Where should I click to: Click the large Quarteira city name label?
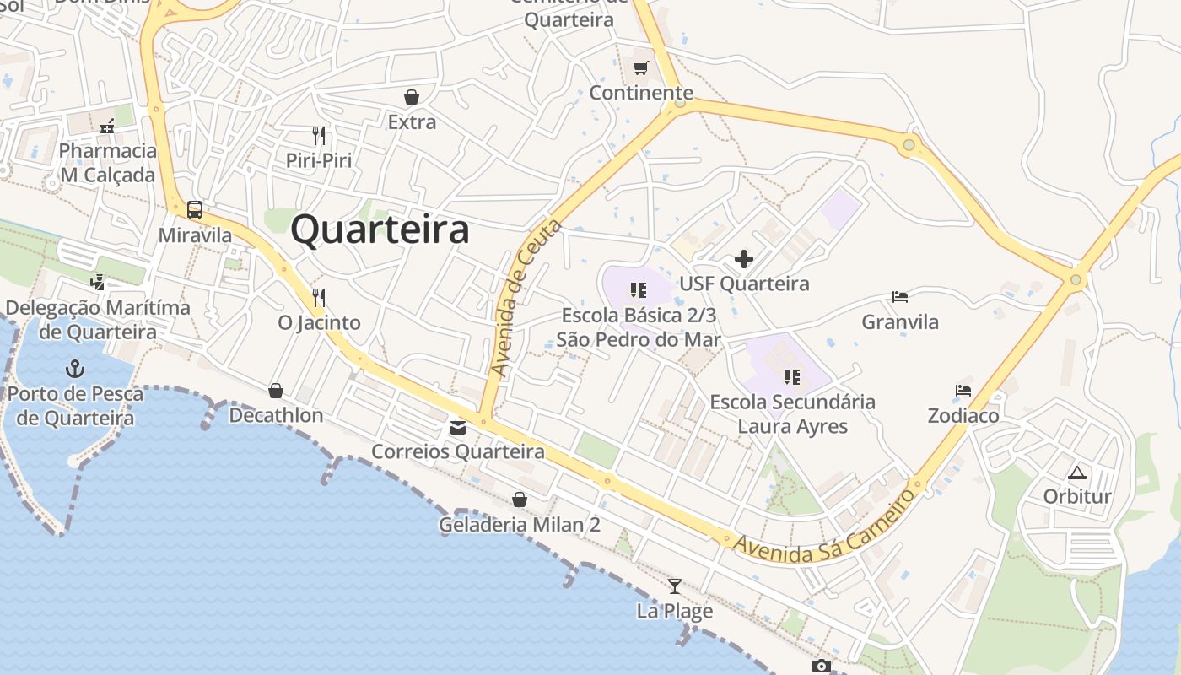pyautogui.click(x=380, y=229)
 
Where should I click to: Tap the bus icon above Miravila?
pyautogui.click(x=195, y=209)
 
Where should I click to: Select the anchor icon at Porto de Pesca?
pyautogui.click(x=76, y=369)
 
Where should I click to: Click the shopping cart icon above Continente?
pyautogui.click(x=641, y=67)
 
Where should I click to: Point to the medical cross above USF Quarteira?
pyautogui.click(x=743, y=258)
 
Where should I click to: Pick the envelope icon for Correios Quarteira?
pyautogui.click(x=458, y=428)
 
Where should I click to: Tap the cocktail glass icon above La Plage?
pyautogui.click(x=674, y=586)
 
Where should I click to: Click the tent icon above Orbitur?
pyautogui.click(x=1076, y=472)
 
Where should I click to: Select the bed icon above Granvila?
pyautogui.click(x=900, y=297)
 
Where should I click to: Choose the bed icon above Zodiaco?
pyautogui.click(x=963, y=391)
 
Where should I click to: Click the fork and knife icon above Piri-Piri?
pyautogui.click(x=319, y=135)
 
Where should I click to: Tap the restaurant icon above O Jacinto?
pyautogui.click(x=319, y=297)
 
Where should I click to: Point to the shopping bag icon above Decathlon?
pyautogui.click(x=276, y=391)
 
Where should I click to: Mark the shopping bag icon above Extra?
pyautogui.click(x=412, y=97)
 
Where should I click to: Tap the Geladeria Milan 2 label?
pyautogui.click(x=520, y=525)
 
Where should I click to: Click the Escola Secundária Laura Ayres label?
pyautogui.click(x=793, y=413)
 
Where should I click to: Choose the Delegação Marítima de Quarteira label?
pyautogui.click(x=98, y=319)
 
